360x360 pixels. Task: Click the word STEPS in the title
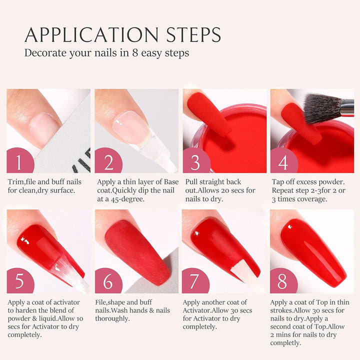click(192, 34)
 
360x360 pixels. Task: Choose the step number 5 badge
click(19, 281)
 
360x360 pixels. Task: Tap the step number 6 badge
click(107, 281)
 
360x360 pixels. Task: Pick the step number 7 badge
click(195, 281)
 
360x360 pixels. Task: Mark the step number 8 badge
click(282, 281)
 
